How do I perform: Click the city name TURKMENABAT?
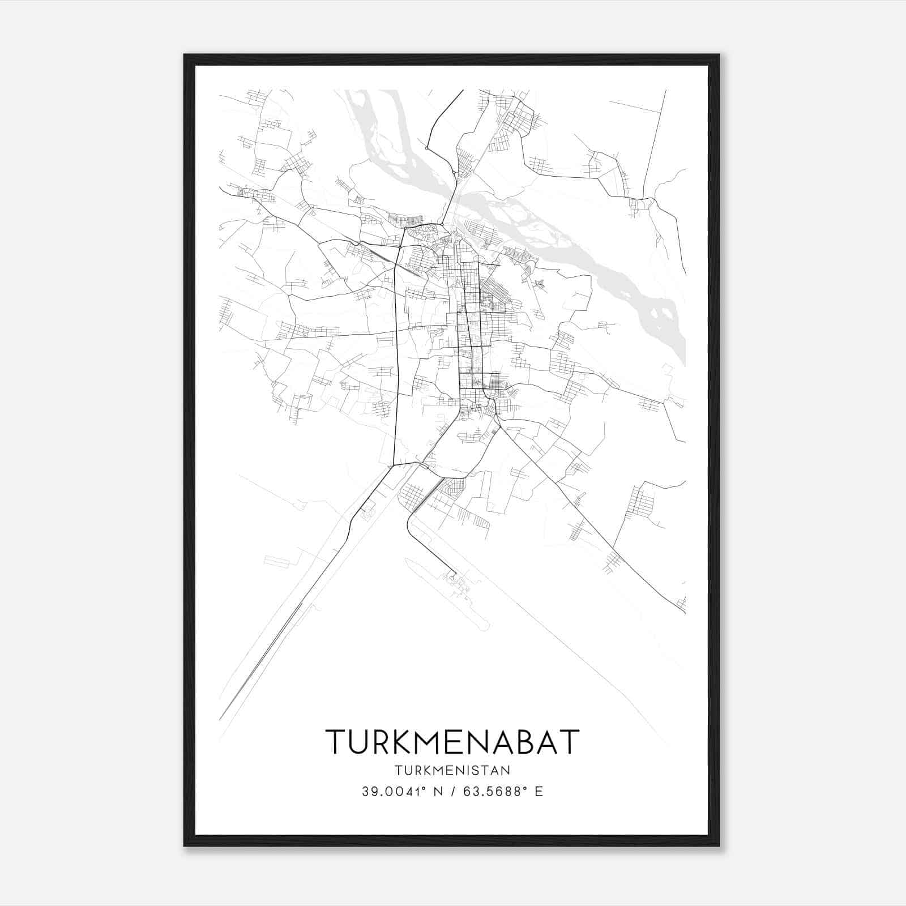[x=452, y=741]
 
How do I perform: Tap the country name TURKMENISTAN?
[x=452, y=770]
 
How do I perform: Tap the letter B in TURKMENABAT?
[x=529, y=741]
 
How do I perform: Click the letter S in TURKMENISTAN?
[x=479, y=770]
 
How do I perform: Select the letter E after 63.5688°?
[x=539, y=792]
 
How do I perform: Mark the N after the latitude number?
[x=437, y=792]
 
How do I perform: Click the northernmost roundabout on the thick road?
[x=426, y=148]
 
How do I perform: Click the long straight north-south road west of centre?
[x=396, y=351]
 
